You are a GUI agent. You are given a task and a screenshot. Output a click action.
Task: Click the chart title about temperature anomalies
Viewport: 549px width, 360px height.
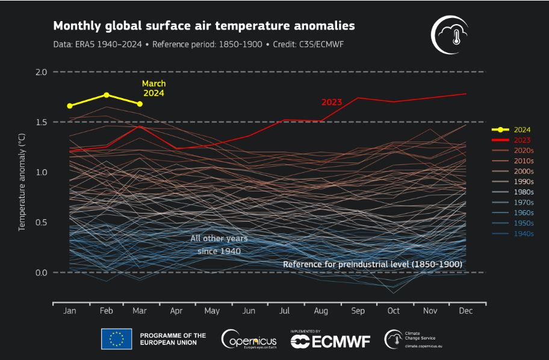pyautogui.click(x=204, y=26)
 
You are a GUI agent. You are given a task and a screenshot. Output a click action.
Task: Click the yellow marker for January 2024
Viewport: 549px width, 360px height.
pyautogui.click(x=70, y=106)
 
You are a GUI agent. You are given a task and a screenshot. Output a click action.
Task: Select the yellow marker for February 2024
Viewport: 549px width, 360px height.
pyautogui.click(x=107, y=95)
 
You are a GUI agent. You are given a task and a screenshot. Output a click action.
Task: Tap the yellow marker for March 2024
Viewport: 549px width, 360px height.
pyautogui.click(x=140, y=104)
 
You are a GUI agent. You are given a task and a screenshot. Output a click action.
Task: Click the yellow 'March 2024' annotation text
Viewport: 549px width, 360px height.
pyautogui.click(x=154, y=88)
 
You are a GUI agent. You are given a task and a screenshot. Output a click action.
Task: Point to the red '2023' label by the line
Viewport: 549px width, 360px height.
pyautogui.click(x=331, y=102)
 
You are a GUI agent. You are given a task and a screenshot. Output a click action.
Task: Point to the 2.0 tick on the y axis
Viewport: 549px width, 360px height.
pyautogui.click(x=41, y=72)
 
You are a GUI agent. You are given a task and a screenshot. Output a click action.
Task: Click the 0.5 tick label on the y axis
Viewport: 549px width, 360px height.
pyautogui.click(x=41, y=223)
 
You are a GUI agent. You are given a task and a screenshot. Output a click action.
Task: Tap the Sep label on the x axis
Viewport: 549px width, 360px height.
pyautogui.click(x=357, y=311)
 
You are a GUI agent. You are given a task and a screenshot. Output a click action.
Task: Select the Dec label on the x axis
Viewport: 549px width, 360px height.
pyautogui.click(x=465, y=311)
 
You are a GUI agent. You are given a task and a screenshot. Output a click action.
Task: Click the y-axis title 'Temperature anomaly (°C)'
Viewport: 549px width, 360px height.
pyautogui.click(x=22, y=183)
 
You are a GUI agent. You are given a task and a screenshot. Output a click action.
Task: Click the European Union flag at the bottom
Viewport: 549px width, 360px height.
pyautogui.click(x=116, y=340)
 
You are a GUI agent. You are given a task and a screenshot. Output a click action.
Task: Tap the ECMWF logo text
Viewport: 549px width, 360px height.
pyautogui.click(x=330, y=341)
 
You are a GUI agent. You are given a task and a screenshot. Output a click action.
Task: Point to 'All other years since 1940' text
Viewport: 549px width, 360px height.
pyautogui.click(x=219, y=244)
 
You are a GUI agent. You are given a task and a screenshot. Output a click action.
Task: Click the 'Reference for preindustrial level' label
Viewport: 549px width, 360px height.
pyautogui.click(x=373, y=264)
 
